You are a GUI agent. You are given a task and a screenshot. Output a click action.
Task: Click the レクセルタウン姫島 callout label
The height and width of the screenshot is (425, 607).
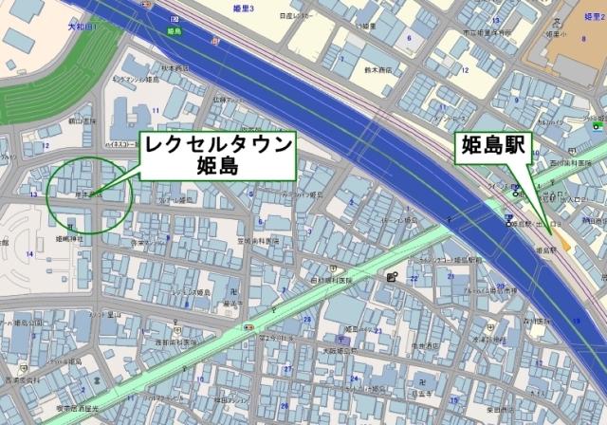click(x=218, y=156)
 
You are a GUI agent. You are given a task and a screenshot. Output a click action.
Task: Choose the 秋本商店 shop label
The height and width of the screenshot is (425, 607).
click(x=175, y=67)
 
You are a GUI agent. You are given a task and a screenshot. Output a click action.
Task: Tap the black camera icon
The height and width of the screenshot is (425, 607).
click(x=393, y=277)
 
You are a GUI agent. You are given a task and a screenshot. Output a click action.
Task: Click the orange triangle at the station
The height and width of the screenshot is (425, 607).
click(x=566, y=244)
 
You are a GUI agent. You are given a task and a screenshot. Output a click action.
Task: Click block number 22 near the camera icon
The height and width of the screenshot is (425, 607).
click(x=414, y=277)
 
